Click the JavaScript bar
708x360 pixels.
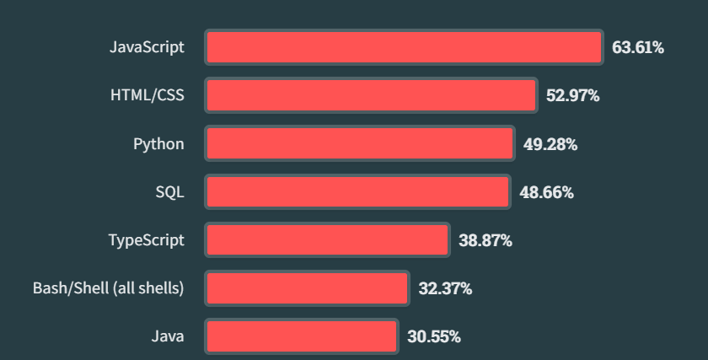(x=404, y=47)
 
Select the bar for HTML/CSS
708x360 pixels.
(x=371, y=95)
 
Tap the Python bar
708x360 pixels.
(x=360, y=144)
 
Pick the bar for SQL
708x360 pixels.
(x=357, y=192)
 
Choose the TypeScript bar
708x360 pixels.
(x=327, y=240)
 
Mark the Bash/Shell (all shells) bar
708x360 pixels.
(x=307, y=288)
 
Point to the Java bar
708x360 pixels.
(x=301, y=336)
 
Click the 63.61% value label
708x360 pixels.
(x=637, y=47)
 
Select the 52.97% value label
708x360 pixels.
(x=572, y=95)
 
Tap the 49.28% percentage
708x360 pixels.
(x=550, y=144)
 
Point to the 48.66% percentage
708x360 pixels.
(x=546, y=192)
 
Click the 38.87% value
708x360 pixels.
(x=485, y=240)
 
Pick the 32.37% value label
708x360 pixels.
(x=445, y=288)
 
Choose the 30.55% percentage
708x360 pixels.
(x=433, y=336)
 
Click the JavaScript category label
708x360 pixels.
(x=147, y=46)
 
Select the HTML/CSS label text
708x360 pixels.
(x=147, y=95)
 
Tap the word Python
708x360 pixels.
(x=158, y=144)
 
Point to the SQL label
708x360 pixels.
(x=169, y=192)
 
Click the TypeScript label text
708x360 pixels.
(x=146, y=240)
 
